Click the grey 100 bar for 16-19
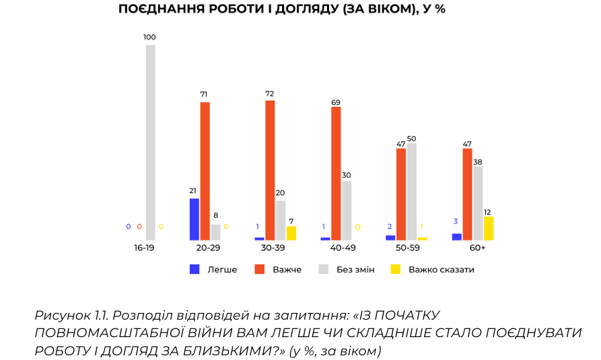[150, 143]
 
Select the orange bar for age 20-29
[205, 171]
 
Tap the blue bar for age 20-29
[195, 219]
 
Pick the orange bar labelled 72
[270, 170]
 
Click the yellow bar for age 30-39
[291, 233]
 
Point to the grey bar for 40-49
[347, 211]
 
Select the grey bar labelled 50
[412, 191]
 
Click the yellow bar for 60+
[489, 228]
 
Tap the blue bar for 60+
[457, 236]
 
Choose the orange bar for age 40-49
[336, 174]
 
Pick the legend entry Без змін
[353, 269]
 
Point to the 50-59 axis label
[408, 248]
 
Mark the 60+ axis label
[478, 248]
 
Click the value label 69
[336, 102]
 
